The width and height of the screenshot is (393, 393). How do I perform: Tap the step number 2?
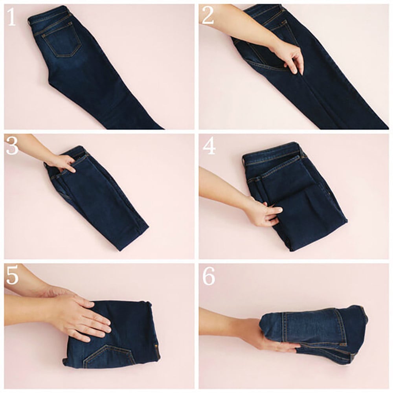tap(208, 17)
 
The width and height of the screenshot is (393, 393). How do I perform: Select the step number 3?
tap(12, 146)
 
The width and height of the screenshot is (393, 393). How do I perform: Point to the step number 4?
tap(208, 146)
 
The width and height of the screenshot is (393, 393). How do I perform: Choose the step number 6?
tap(209, 277)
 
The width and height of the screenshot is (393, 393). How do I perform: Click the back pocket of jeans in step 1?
tap(62, 42)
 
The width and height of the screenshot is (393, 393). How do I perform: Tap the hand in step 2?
tap(289, 55)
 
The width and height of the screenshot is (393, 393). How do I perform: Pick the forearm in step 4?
tap(220, 185)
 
